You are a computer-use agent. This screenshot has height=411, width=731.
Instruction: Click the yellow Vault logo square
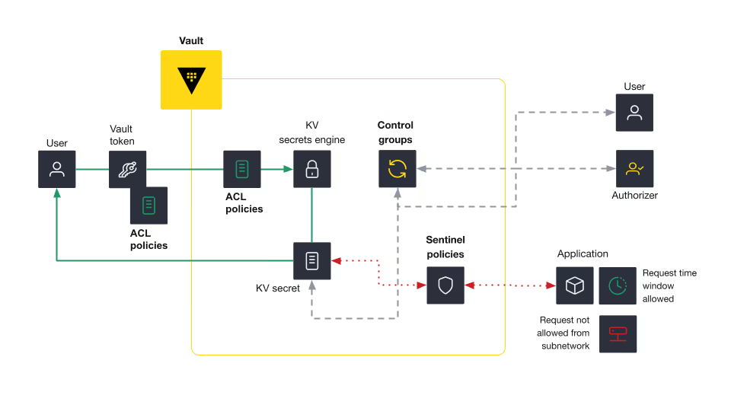point(191,80)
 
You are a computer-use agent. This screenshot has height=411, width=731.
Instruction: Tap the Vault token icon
point(127,169)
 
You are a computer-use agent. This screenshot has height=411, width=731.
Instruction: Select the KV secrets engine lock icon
point(312,169)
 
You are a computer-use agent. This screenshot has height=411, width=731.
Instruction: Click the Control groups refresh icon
point(397,169)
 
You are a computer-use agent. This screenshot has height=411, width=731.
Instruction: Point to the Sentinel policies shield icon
point(445,285)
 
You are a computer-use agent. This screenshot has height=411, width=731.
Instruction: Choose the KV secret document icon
point(312,261)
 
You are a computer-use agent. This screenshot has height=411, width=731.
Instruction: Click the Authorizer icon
point(634,169)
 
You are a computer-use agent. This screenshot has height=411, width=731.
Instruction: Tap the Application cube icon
point(575,285)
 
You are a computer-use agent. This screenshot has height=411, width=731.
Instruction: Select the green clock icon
point(618,285)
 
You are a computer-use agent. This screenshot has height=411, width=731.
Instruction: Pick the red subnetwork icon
point(618,333)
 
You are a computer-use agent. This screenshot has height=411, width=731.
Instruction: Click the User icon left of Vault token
point(57,169)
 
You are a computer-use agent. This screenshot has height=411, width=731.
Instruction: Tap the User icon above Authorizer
point(634,113)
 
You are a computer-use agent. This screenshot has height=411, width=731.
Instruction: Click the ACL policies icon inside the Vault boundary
point(242,169)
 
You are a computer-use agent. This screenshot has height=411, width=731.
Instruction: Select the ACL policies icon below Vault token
point(148,205)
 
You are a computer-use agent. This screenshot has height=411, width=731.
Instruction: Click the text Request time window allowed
point(669,285)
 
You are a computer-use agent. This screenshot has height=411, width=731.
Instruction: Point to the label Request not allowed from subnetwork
point(564,333)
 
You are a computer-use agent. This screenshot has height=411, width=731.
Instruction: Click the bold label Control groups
point(395,132)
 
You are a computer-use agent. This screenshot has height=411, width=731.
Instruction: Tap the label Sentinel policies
point(445,247)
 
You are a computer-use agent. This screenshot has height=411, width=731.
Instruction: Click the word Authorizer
point(634,196)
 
